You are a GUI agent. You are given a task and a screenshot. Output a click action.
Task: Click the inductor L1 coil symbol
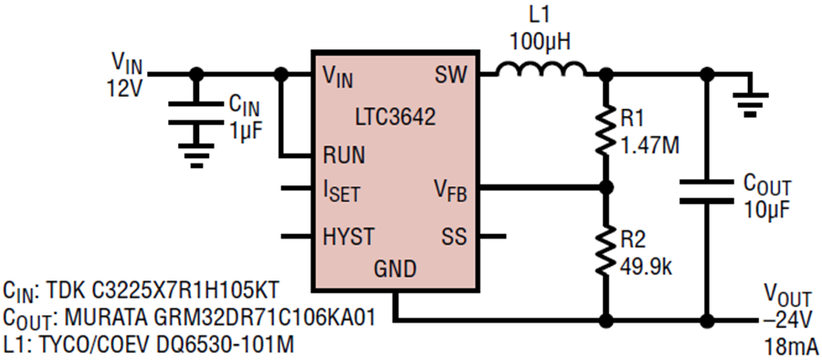[x=542, y=69]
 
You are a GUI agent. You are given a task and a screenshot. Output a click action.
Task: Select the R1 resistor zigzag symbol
[x=607, y=129]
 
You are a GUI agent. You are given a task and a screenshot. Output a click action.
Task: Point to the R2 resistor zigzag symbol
[x=607, y=250]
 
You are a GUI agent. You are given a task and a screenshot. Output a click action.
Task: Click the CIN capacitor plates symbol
[x=196, y=113]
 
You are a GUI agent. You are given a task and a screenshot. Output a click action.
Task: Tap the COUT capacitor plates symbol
[x=706, y=191]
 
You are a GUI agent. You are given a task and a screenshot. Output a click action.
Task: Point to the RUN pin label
[x=345, y=155]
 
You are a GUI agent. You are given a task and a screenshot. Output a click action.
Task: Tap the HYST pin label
[x=349, y=238]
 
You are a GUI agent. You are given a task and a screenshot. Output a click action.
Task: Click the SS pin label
[x=453, y=238]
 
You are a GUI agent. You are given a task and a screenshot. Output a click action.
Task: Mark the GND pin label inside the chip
[x=395, y=270]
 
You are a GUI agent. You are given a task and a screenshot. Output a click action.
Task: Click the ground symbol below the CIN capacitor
[x=196, y=154]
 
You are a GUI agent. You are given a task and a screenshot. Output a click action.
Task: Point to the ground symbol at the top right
[x=750, y=102]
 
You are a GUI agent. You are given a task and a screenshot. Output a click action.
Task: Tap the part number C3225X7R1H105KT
[x=167, y=289]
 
